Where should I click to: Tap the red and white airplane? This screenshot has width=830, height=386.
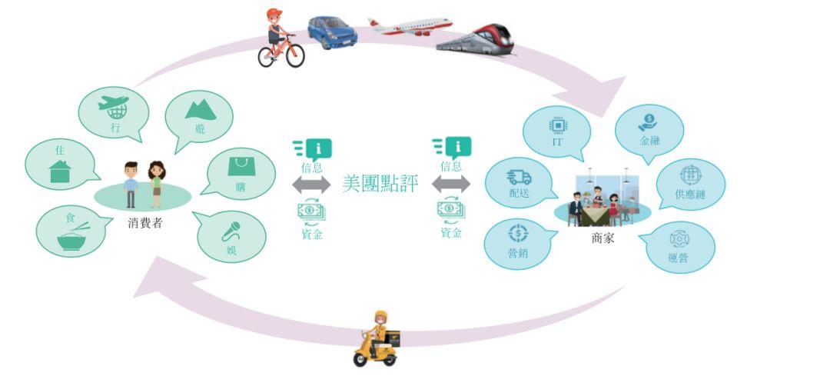click(x=410, y=26)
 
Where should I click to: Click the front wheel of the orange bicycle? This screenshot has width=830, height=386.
click(x=295, y=55)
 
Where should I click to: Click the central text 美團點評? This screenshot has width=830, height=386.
click(x=380, y=184)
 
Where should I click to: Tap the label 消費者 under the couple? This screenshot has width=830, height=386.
click(x=144, y=222)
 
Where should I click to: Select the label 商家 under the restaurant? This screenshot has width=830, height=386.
click(x=603, y=238)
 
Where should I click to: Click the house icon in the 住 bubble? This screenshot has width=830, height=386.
click(x=60, y=171)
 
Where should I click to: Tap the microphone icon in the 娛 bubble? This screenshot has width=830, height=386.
click(x=231, y=231)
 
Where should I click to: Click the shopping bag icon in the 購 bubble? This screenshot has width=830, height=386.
click(x=241, y=166)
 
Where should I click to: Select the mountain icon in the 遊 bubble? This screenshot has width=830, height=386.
click(x=201, y=110)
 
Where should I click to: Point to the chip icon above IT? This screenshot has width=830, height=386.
click(x=558, y=125)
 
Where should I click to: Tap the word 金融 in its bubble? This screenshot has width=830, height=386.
click(x=649, y=141)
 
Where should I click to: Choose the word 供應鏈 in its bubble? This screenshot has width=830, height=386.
click(x=690, y=194)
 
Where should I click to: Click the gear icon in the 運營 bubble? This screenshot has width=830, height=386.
click(x=679, y=239)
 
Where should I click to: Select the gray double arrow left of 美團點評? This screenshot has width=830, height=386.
click(x=311, y=185)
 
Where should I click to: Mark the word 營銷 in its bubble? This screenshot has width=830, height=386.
click(x=517, y=253)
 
